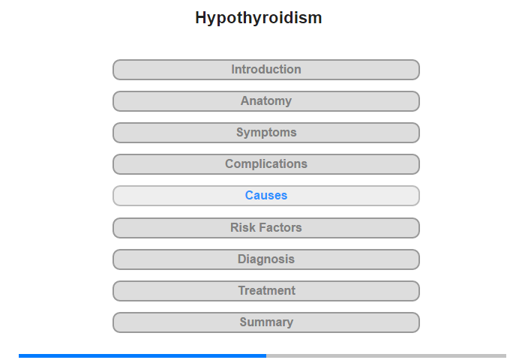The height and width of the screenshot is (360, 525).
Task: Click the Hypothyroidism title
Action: pos(259,18)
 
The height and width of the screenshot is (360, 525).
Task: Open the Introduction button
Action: pos(266,70)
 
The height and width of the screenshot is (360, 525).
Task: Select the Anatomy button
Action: pos(266,101)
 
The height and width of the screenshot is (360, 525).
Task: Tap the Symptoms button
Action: pos(266,133)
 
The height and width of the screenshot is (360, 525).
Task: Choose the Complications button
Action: pos(266,164)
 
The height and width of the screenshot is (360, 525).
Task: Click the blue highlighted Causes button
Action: pos(266,196)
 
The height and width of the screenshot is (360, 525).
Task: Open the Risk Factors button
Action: pos(266,228)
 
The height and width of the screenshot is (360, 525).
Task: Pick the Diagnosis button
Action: pos(266,259)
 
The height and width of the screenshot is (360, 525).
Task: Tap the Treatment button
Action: pos(266,291)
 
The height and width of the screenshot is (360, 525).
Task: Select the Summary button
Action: pos(266,322)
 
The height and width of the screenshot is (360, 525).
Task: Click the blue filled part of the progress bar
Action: pos(142,355)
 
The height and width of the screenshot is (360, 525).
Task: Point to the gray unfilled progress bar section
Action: pos(386,355)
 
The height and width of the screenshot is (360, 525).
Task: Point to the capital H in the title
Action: pos(201,17)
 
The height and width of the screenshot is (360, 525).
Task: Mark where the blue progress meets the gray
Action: pos(266,355)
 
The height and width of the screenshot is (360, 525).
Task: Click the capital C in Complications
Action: pos(229,164)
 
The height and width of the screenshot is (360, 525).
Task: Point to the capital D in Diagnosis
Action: pos(241,259)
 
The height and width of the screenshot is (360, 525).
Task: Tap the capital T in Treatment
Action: pos(241,291)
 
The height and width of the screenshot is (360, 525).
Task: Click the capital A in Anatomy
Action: pos(245,101)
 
